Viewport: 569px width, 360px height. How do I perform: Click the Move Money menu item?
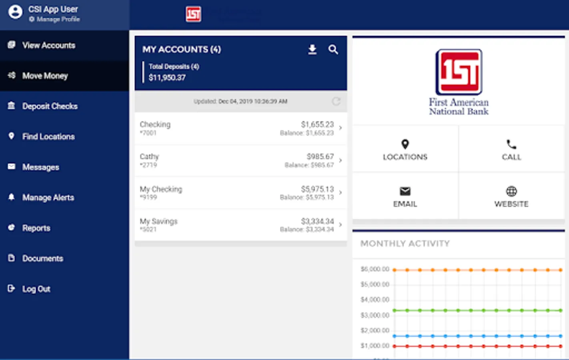click(x=45, y=76)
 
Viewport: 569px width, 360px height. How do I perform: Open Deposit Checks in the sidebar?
click(x=50, y=106)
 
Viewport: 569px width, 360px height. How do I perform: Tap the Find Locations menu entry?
click(x=48, y=136)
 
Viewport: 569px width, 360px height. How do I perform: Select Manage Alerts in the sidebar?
click(x=48, y=197)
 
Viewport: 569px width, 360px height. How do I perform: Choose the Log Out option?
click(x=36, y=289)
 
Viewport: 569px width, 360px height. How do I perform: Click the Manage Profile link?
click(x=58, y=19)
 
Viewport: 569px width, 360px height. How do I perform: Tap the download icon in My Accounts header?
click(x=312, y=50)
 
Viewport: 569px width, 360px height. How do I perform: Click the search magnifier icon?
click(x=333, y=50)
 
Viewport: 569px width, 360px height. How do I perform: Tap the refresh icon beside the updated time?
click(x=336, y=101)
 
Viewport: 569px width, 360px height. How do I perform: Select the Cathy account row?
click(x=240, y=160)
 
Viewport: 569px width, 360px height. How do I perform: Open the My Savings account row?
click(x=240, y=225)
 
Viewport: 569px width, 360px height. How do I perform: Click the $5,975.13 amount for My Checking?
click(x=317, y=189)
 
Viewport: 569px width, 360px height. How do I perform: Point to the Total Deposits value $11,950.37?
click(x=167, y=78)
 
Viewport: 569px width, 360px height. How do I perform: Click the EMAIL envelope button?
click(x=405, y=196)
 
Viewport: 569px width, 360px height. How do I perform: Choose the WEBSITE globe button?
click(x=511, y=196)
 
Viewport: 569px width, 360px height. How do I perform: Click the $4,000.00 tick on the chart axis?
click(x=375, y=300)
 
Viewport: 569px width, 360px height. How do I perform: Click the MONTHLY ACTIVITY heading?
click(x=405, y=243)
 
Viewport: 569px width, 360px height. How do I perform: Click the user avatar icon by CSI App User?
click(x=15, y=12)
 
